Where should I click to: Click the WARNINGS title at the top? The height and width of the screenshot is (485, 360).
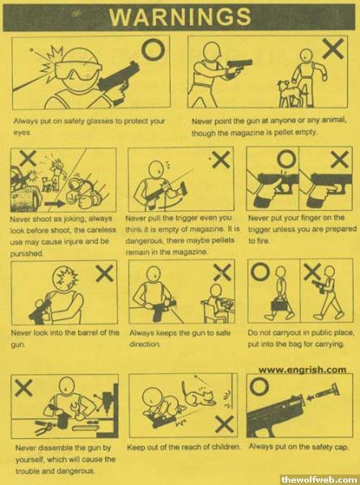[180, 16]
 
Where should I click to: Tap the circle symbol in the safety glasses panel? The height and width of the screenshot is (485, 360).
[153, 51]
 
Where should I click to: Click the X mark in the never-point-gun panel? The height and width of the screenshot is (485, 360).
[333, 48]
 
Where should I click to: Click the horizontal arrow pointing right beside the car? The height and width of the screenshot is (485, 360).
[55, 204]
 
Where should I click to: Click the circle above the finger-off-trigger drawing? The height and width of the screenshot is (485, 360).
[286, 159]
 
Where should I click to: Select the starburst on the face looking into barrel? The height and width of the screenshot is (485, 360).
[67, 276]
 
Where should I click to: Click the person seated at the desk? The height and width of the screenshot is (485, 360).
[217, 304]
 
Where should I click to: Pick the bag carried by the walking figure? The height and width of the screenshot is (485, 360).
[281, 305]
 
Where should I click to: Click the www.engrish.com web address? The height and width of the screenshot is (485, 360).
[302, 369]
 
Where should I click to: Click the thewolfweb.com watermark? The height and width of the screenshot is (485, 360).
[320, 479]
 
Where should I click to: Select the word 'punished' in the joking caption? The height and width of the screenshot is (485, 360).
[27, 253]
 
